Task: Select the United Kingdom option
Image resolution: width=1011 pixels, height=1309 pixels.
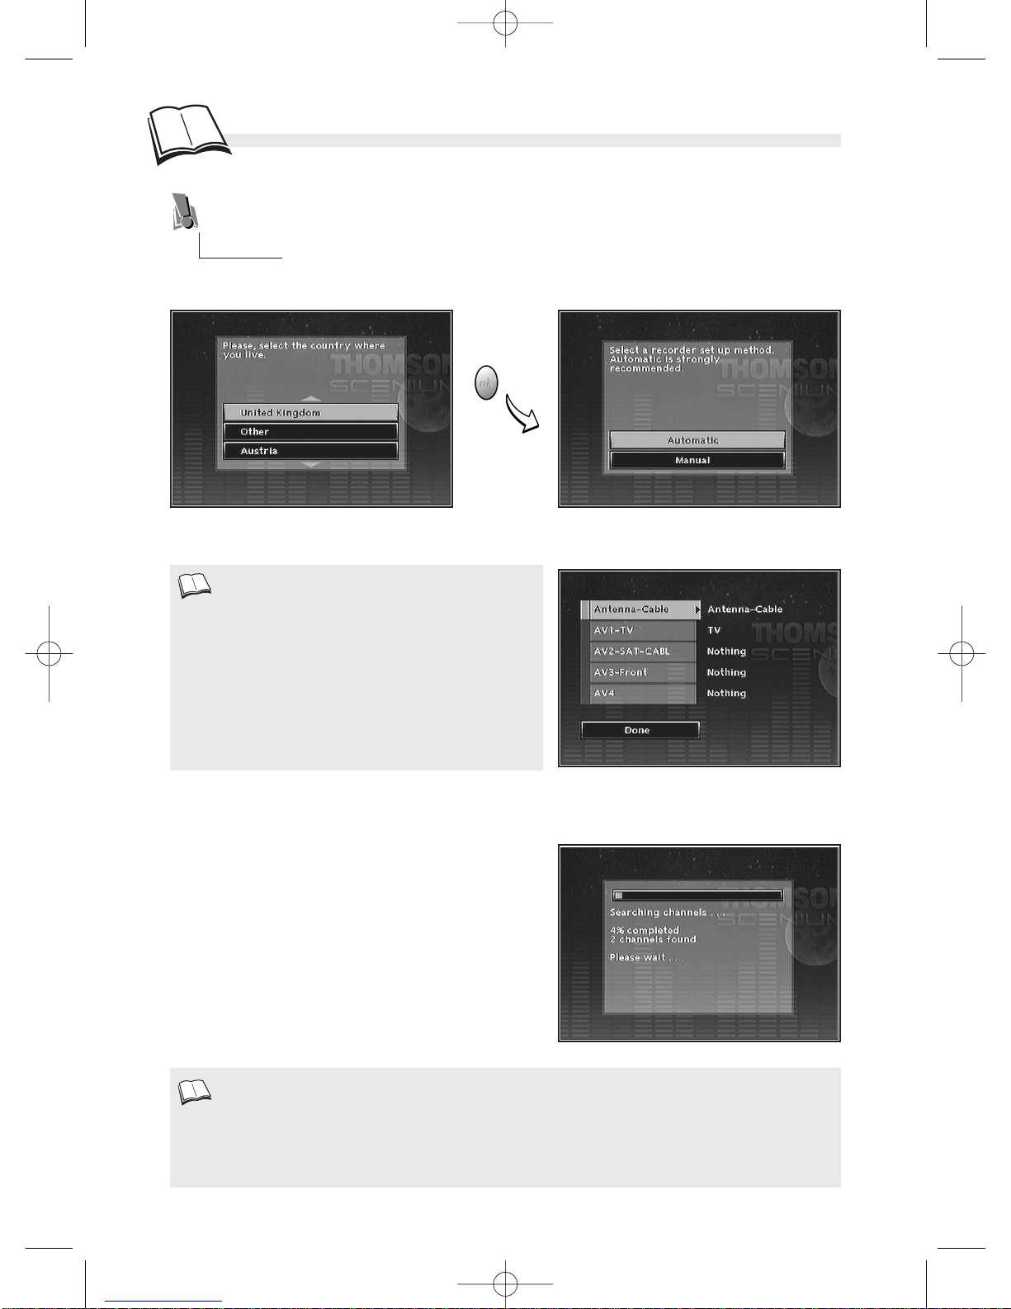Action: click(310, 413)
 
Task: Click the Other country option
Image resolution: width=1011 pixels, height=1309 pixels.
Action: click(310, 432)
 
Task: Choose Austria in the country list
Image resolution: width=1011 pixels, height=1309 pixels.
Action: click(310, 451)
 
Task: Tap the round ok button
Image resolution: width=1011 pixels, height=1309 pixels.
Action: click(486, 382)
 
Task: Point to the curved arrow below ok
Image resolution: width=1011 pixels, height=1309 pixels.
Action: click(521, 415)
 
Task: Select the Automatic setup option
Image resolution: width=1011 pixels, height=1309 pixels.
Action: click(697, 440)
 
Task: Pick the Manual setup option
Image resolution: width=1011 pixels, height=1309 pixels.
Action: click(697, 460)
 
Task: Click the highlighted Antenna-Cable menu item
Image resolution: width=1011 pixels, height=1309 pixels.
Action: click(641, 609)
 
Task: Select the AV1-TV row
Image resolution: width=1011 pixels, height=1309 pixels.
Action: click(642, 631)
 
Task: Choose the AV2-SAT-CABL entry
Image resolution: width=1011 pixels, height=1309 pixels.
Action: click(642, 652)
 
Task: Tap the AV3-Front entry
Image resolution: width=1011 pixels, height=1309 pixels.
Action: click(642, 673)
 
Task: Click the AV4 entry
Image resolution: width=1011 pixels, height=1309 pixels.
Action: click(642, 694)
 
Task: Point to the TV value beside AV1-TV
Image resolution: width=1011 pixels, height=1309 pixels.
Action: click(714, 631)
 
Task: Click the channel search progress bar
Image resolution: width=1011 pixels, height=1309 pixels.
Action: click(697, 895)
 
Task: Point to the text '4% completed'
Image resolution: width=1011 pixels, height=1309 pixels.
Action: click(645, 930)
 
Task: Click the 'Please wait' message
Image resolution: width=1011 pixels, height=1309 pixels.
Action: click(646, 957)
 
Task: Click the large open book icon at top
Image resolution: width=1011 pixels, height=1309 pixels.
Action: click(188, 135)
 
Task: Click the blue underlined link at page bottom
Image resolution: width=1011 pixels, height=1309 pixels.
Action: click(163, 1302)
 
